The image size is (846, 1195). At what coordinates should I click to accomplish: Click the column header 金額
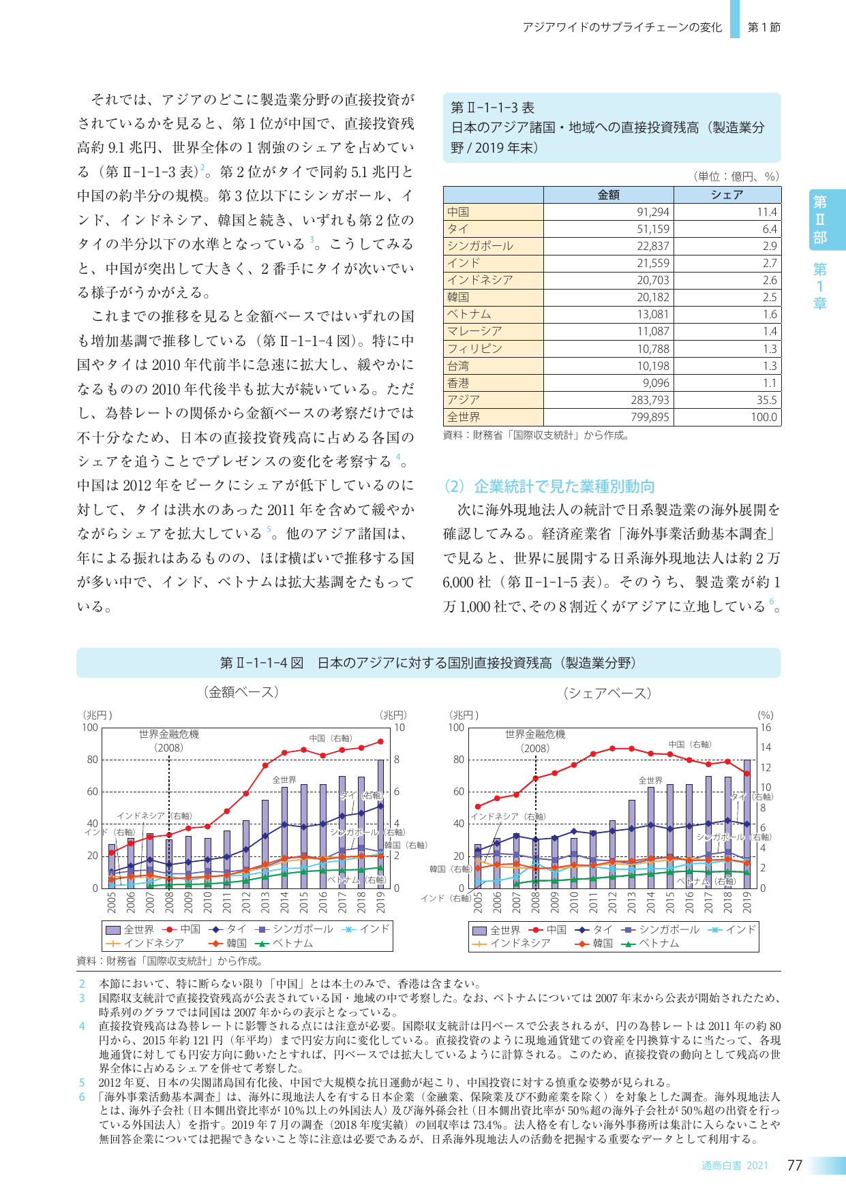click(x=608, y=195)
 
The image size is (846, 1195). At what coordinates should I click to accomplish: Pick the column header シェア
click(x=727, y=195)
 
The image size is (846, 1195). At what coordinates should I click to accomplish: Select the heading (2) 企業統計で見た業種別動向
click(x=549, y=486)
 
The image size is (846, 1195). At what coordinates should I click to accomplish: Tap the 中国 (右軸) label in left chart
click(x=331, y=738)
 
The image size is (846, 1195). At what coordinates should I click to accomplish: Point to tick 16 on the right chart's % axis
click(x=766, y=728)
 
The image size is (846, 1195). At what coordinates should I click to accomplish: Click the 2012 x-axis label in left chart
click(x=246, y=902)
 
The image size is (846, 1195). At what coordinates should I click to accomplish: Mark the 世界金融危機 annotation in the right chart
click(x=535, y=734)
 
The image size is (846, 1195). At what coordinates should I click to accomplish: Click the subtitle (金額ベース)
click(x=241, y=692)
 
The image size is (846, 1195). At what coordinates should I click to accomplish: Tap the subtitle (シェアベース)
click(x=607, y=693)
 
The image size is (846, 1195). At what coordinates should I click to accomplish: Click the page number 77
click(x=795, y=1165)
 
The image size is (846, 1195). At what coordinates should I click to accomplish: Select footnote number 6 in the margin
click(x=82, y=1097)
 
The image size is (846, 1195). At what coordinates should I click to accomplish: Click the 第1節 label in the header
click(x=764, y=27)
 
